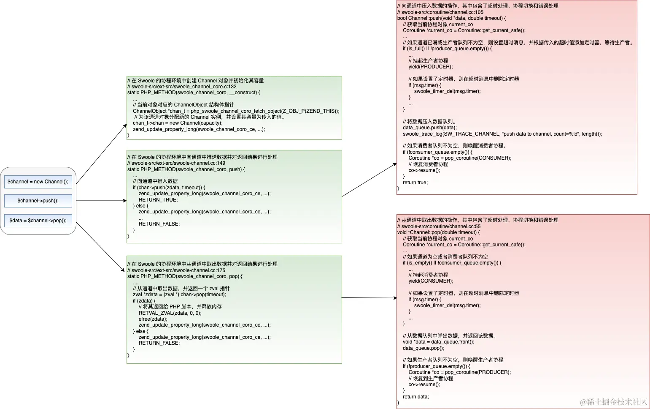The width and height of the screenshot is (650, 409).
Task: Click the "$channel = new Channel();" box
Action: pos(38,182)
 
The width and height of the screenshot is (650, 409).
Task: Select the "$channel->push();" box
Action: pos(38,201)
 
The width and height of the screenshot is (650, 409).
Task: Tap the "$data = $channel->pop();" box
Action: pos(38,221)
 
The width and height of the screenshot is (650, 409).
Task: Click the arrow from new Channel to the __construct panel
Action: pos(101,154)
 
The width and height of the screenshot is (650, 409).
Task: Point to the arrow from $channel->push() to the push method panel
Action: pos(101,201)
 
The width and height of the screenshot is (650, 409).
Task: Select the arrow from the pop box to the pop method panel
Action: pos(100,247)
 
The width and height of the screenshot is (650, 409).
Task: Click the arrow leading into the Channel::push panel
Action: pos(369,180)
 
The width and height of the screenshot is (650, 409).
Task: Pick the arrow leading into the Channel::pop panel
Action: pos(369,298)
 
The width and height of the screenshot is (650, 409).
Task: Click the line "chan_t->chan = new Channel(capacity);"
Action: pos(178,123)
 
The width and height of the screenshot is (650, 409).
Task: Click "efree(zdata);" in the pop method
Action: pos(153,319)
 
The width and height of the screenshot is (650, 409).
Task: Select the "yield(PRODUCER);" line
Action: pos(430,67)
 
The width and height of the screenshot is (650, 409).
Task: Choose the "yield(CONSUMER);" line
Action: pos(431,281)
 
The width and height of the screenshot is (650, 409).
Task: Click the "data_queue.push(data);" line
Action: pos(429,128)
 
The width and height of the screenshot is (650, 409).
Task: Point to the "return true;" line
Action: pos(415,183)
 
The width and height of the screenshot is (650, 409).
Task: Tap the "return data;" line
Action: pos(415,397)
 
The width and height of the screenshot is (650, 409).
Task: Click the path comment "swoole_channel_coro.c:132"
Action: pos(183,87)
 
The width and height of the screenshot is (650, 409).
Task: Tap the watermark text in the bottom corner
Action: pos(613,402)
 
